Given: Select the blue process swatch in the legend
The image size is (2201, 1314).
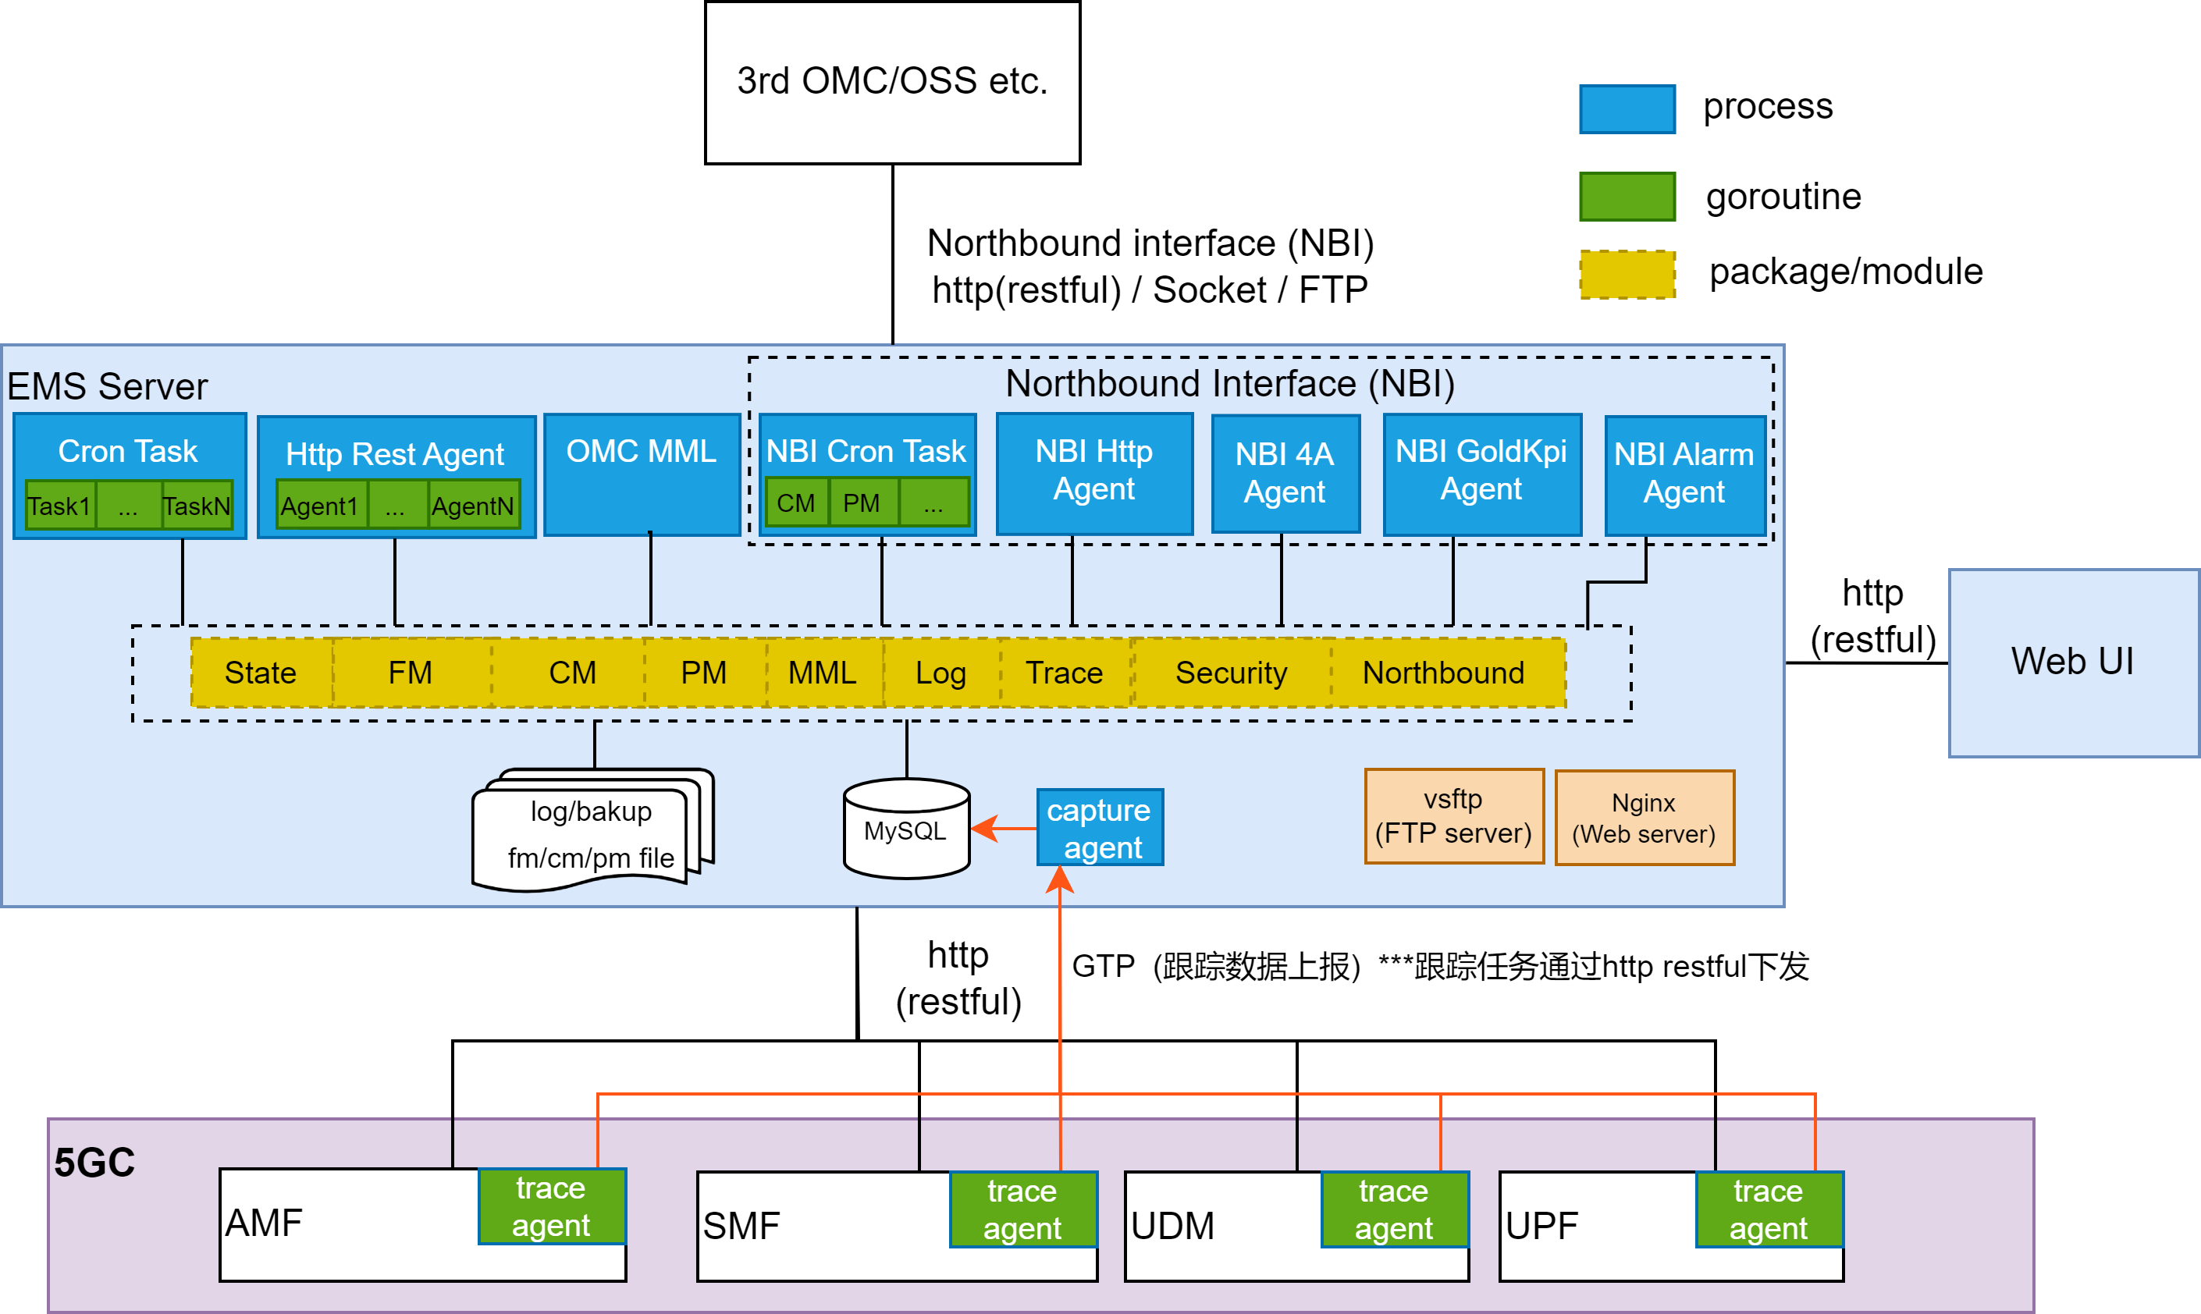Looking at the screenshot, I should click(1627, 109).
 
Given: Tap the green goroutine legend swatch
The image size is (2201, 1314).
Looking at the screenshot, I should click(1627, 197).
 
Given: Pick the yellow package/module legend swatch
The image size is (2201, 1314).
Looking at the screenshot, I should click(1627, 275).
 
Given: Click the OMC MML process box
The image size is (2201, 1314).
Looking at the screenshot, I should click(642, 474).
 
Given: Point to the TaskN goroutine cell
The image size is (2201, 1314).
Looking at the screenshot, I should click(197, 506).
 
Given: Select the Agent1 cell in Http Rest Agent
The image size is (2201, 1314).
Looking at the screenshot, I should click(321, 506).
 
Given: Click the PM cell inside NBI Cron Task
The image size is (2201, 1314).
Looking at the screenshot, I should click(862, 503).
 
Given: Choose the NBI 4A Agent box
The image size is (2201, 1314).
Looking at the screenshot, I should click(1284, 474).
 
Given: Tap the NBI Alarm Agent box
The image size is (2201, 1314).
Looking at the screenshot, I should click(1684, 474).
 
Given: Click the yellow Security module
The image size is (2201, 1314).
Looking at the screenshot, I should click(1231, 673).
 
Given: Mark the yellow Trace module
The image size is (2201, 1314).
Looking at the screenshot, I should click(1065, 673).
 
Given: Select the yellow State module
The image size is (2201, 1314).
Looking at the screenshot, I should click(261, 673).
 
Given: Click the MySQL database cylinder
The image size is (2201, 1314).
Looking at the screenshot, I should click(906, 829).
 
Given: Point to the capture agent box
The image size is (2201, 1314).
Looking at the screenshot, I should click(1099, 828).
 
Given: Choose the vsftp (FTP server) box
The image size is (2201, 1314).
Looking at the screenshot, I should click(1453, 816).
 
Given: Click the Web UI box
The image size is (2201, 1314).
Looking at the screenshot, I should click(2072, 662).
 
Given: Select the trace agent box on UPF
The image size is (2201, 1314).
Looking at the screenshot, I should click(1769, 1209).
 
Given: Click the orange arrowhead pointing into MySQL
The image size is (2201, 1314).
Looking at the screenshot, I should click(983, 829).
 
